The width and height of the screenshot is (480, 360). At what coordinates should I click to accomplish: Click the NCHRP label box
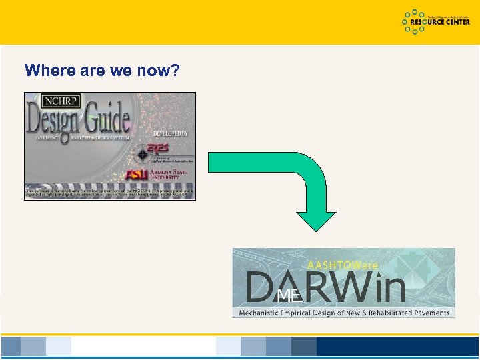tap(61, 102)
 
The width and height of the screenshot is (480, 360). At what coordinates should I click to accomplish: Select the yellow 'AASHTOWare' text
tap(343, 265)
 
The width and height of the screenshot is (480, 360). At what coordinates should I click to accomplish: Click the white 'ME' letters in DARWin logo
tap(289, 294)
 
